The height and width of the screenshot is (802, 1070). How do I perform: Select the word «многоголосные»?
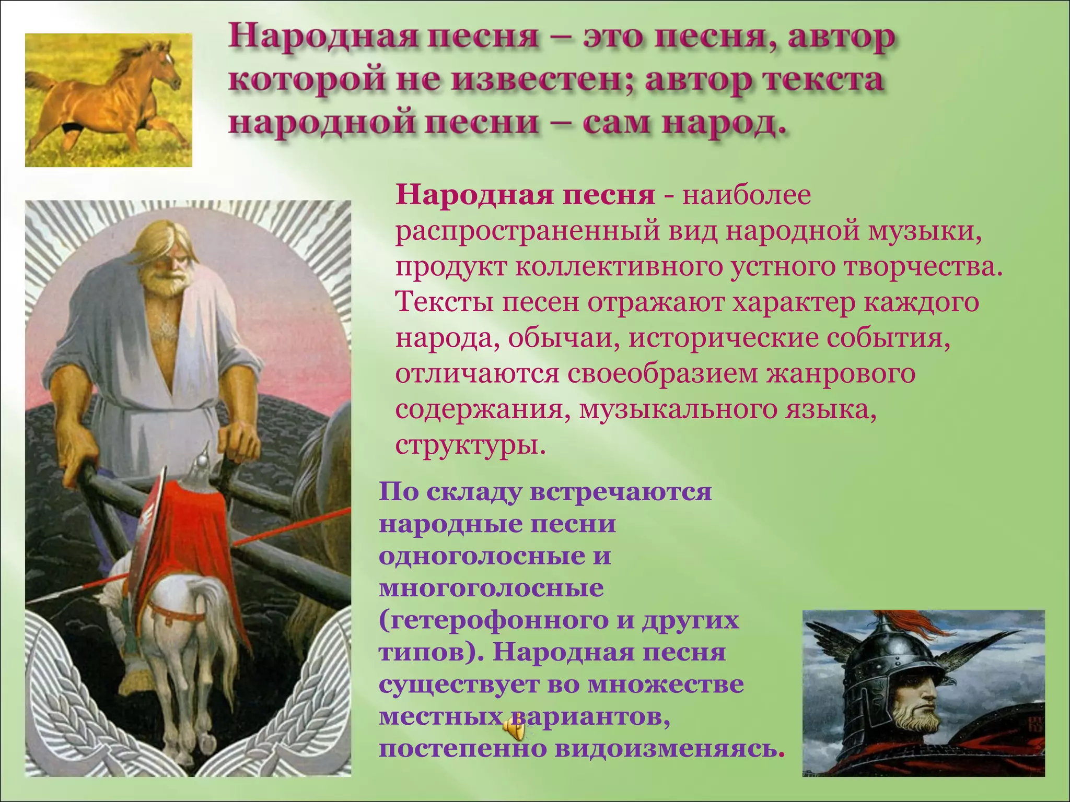point(491,588)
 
